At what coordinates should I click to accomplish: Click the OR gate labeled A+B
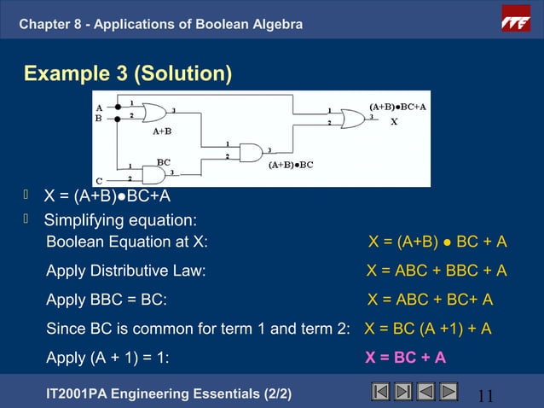pos(155,113)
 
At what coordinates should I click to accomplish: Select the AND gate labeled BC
pos(154,174)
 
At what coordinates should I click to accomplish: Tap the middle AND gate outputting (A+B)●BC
pos(252,152)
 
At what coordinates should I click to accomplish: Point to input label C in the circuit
pos(99,180)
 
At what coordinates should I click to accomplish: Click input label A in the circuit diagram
pos(99,108)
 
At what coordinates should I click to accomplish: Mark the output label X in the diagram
pos(394,122)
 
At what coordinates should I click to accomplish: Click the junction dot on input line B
pos(118,119)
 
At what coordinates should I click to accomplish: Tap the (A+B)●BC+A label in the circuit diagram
pos(397,107)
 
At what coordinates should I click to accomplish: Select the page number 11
pos(486,394)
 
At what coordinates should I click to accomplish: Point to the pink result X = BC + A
pos(405,357)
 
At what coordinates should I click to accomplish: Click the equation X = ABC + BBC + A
pos(437,271)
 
